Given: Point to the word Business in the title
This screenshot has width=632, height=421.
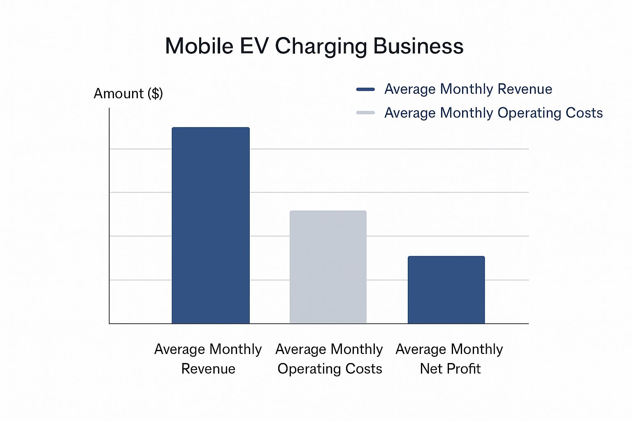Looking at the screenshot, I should click(418, 46).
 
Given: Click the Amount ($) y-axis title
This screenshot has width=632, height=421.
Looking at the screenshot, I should click(128, 94).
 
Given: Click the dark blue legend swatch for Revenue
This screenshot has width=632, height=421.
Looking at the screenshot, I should click(365, 89).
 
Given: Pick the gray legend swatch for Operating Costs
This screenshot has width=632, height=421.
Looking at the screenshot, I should click(365, 113).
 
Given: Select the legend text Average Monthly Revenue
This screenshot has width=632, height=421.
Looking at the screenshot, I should click(468, 89).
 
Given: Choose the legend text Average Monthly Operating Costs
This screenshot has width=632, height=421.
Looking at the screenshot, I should click(493, 113).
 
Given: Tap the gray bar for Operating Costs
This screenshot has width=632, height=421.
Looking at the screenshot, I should click(328, 267).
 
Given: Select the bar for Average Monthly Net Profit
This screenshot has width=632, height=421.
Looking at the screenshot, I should click(446, 290).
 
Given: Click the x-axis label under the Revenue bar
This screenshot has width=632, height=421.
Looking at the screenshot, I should click(208, 359).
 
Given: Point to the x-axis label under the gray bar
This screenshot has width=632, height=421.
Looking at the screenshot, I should click(330, 359).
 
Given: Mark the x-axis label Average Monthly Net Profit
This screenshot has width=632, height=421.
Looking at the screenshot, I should click(449, 359).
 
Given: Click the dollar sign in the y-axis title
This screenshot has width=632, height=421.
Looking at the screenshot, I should click(156, 94).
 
